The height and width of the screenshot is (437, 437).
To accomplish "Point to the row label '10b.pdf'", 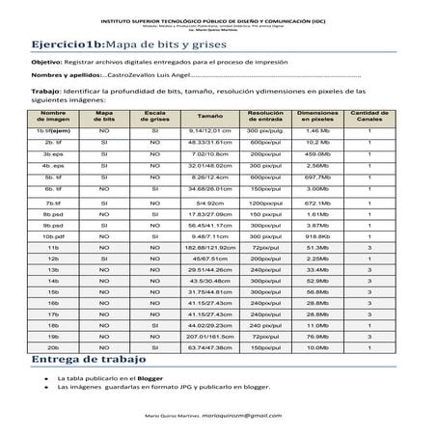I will pyautogui.click(x=54, y=234).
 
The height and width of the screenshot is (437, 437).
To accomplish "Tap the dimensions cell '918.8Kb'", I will pyautogui.click(x=317, y=234).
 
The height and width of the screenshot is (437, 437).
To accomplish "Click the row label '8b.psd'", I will pyautogui.click(x=54, y=213).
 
